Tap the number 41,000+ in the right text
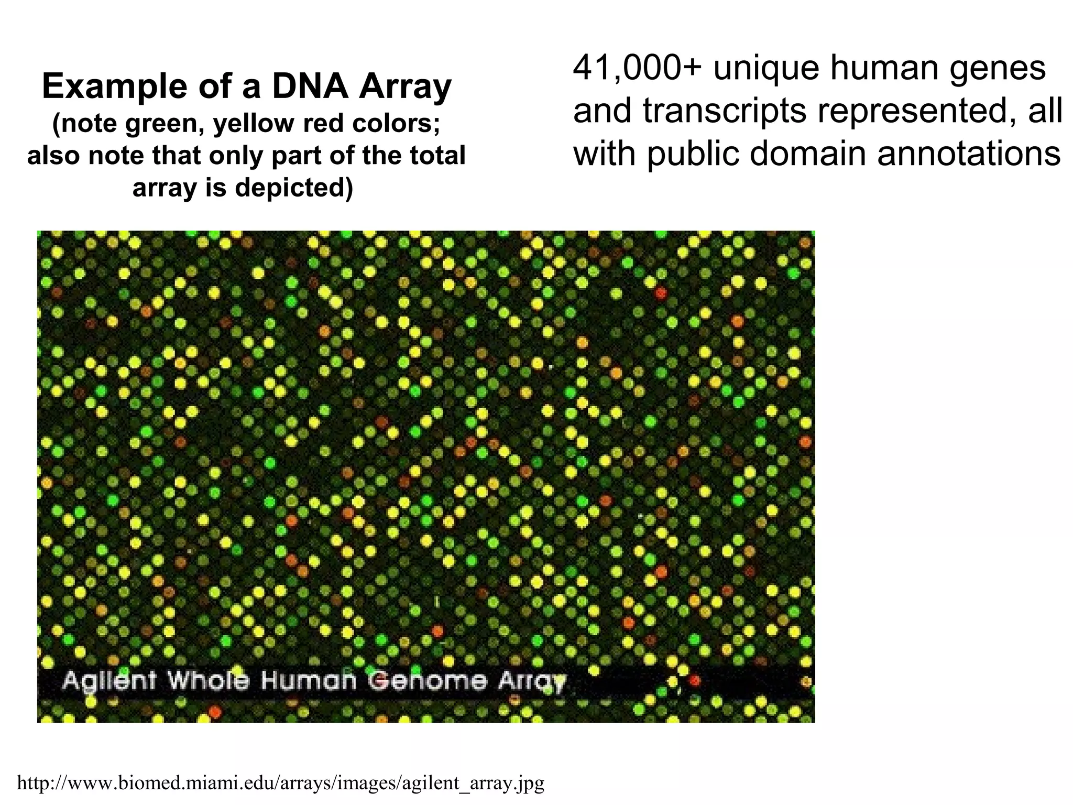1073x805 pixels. [637, 68]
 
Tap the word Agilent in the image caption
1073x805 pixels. [110, 681]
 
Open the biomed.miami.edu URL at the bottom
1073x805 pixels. [281, 783]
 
